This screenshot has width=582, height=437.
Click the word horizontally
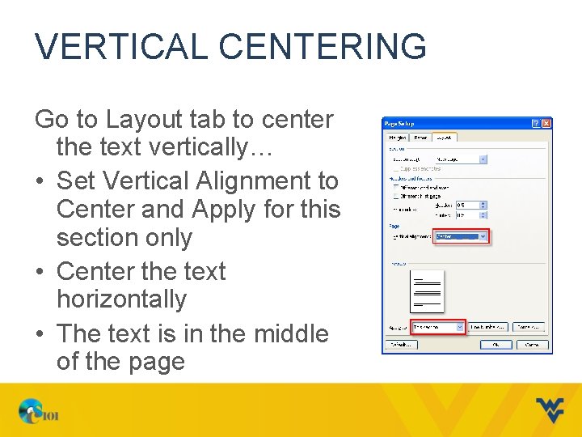[x=121, y=299]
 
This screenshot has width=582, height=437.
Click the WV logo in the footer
[x=550, y=409]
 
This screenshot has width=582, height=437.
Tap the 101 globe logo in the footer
[x=39, y=413]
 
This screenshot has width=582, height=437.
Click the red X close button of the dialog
[x=546, y=123]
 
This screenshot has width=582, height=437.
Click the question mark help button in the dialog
[x=536, y=123]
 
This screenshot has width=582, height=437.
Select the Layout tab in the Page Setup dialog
[x=445, y=138]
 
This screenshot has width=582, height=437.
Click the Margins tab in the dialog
[x=398, y=138]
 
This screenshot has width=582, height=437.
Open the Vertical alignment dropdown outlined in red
[x=461, y=237]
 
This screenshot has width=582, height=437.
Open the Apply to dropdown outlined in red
[x=437, y=327]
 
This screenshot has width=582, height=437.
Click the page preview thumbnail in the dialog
[x=427, y=291]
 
